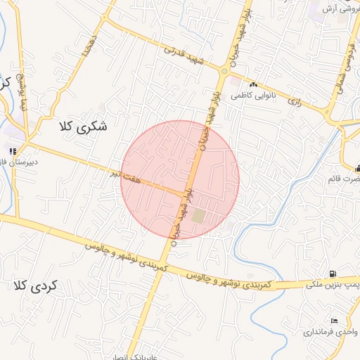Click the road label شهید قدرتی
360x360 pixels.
point(183,56)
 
